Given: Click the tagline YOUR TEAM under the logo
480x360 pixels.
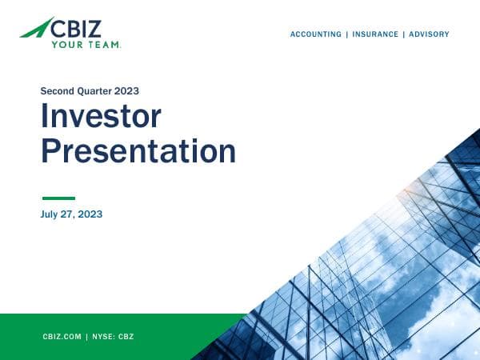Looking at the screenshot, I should [x=86, y=45].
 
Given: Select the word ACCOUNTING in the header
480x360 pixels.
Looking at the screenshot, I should [x=315, y=34].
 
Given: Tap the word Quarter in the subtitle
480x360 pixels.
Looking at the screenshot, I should [x=97, y=91].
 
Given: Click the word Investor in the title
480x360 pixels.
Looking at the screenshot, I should [x=101, y=118].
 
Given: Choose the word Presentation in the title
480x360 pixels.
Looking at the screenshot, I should [x=138, y=150].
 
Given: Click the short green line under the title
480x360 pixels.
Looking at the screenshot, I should [x=58, y=198].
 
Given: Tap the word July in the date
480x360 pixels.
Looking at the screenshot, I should [x=50, y=214].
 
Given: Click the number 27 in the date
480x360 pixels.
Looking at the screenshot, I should [x=70, y=214].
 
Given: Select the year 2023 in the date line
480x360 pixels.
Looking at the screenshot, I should [x=91, y=214].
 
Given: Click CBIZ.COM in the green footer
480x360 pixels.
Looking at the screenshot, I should [x=62, y=337].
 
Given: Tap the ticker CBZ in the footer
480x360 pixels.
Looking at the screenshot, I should [x=126, y=337].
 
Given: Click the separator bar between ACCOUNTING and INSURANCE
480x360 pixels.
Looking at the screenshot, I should [x=345, y=34].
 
